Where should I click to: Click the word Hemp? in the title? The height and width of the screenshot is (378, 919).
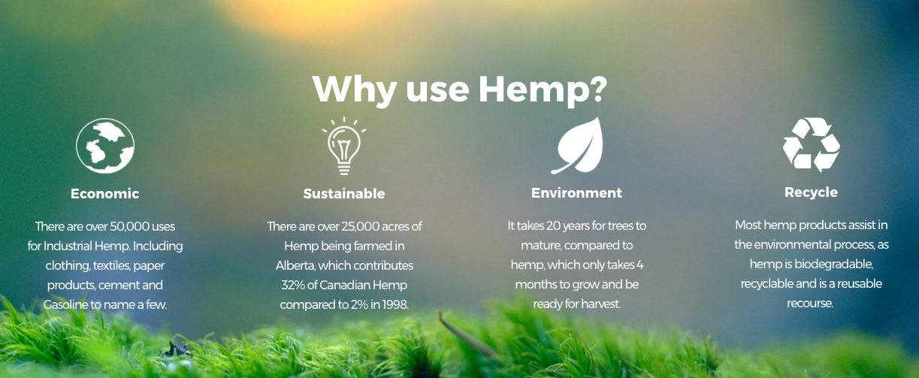coord(543,90)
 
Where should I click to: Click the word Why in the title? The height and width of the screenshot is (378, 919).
coord(354,90)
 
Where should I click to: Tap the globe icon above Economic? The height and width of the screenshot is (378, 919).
coord(105,146)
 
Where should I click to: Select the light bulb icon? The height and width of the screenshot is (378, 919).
coord(344,146)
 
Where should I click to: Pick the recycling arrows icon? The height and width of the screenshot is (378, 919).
coord(811,144)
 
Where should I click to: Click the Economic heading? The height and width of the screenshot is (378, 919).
coord(104,194)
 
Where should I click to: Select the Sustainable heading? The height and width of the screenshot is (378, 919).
coord(344,194)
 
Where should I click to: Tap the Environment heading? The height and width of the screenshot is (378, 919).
coord(576,193)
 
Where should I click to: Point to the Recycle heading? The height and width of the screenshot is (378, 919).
coord(811,192)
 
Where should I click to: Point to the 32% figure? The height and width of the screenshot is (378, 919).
coord(293,285)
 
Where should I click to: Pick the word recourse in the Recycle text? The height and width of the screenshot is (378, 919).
coord(810,304)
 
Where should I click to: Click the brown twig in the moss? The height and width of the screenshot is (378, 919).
coord(466,334)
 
